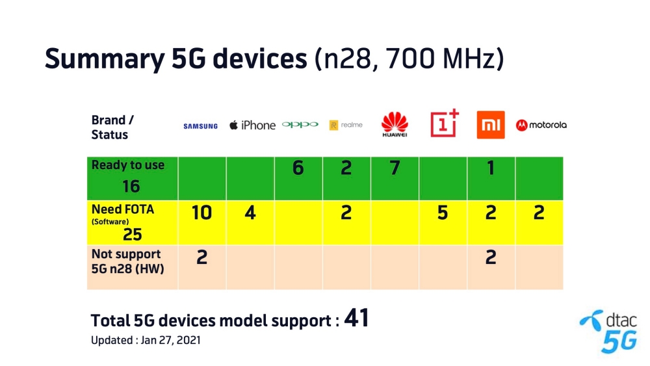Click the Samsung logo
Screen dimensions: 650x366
coord(201,126)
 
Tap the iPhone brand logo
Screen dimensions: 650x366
coord(252,125)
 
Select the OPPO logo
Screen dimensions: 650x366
coord(300,124)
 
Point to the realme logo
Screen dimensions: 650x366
coord(346,125)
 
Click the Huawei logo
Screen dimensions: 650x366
coord(395,124)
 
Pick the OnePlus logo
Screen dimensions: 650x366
coord(445,123)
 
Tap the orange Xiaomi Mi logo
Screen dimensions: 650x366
coord(491,125)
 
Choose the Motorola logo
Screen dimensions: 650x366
coord(541,125)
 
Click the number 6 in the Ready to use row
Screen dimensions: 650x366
coord(298,168)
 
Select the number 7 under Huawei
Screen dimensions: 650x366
coord(395,168)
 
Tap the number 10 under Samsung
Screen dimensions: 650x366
coord(202,213)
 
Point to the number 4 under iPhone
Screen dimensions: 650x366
coord(250,213)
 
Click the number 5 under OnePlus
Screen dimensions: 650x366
coord(443,213)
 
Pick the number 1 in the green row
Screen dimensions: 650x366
coord(491,168)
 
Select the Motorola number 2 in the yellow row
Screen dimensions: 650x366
coord(539,213)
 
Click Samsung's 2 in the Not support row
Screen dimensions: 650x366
coord(202,257)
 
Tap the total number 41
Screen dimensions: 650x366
coord(356,319)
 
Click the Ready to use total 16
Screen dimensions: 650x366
coord(131,187)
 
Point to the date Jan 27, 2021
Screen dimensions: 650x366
coord(171,340)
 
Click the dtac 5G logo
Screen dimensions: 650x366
coord(608,332)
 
